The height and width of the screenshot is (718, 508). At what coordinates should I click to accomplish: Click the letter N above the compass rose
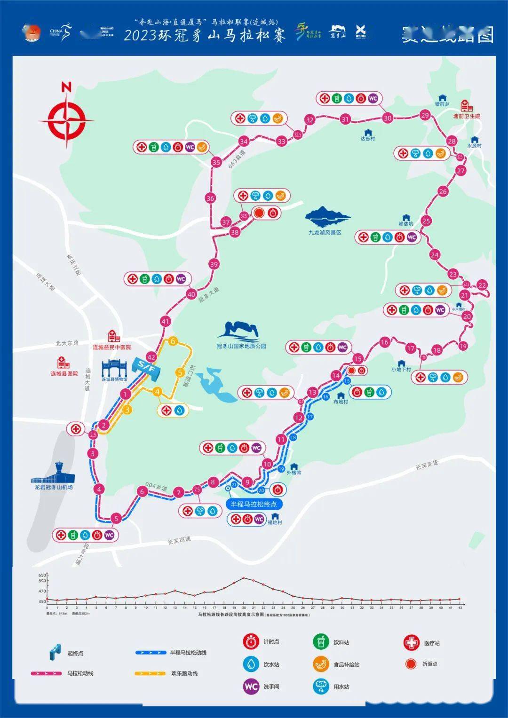pos(66,87)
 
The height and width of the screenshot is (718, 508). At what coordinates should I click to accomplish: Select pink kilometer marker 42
pos(151,356)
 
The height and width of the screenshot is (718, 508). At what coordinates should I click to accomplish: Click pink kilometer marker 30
pos(387,118)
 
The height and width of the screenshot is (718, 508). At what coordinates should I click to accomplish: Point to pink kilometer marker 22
pos(482,285)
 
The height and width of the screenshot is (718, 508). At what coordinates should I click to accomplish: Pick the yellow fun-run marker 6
pos(173,341)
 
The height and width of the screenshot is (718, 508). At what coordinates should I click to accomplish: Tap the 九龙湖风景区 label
pos(325,232)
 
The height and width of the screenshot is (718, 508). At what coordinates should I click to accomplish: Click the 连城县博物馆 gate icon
pos(114,367)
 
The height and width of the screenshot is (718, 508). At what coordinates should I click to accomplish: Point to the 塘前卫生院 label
pos(467,116)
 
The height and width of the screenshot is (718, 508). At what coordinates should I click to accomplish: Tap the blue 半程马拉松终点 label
pos(254,504)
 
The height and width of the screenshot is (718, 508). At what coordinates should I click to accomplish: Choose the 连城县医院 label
pos(64,373)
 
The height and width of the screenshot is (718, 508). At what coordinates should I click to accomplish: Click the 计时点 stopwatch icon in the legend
pos(251,641)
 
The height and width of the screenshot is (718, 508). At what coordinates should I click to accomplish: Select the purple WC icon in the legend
pos(251,686)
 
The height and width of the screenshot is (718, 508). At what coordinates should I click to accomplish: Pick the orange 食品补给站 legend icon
pos(321,664)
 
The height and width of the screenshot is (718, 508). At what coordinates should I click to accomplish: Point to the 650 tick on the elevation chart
pos(42,575)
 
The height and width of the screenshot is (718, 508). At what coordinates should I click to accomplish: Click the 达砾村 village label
pos(367,139)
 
